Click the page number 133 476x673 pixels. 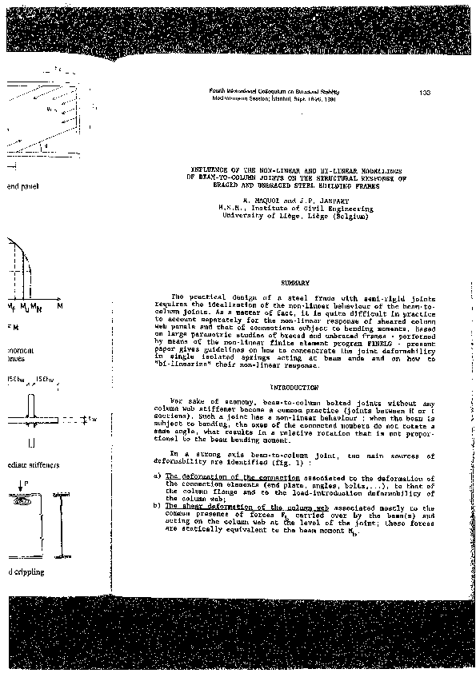[426, 94]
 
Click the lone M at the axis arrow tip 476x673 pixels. [59, 305]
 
